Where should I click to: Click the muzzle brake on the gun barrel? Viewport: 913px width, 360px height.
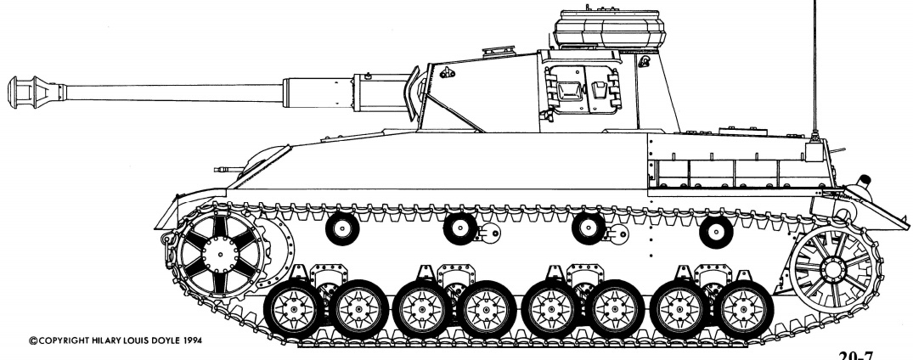click(x=35, y=92)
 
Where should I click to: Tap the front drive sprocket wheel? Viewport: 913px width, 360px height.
click(x=221, y=254)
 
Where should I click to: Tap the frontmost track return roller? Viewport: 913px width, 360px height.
click(x=342, y=229)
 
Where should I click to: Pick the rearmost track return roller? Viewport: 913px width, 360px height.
click(x=716, y=232)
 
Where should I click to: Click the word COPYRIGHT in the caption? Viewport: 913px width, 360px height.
click(x=64, y=340)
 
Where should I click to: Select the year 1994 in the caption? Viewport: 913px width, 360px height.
click(x=191, y=340)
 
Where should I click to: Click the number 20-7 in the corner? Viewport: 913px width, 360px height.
click(x=856, y=355)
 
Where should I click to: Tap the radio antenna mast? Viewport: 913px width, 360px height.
click(x=814, y=70)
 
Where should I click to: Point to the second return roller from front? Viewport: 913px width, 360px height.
click(x=460, y=229)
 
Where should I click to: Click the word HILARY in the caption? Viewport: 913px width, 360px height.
click(x=107, y=340)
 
